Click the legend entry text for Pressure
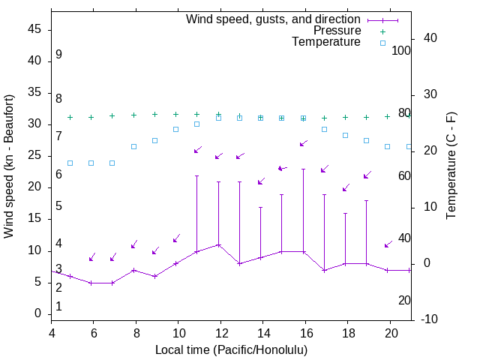pos(337,31)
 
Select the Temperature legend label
pos(326,42)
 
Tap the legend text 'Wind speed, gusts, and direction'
pos(273,19)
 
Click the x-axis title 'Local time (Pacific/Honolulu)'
pos(232,349)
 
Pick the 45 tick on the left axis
pos(34,29)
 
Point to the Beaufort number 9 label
pos(58,55)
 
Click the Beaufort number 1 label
pos(58,307)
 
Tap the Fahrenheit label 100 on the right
pos(401,50)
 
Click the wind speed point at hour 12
pos(219,244)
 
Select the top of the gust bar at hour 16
pos(303,169)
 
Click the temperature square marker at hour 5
pos(70,163)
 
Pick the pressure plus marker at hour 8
pos(133,115)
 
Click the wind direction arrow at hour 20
pos(388,244)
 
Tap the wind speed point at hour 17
pos(324,270)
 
